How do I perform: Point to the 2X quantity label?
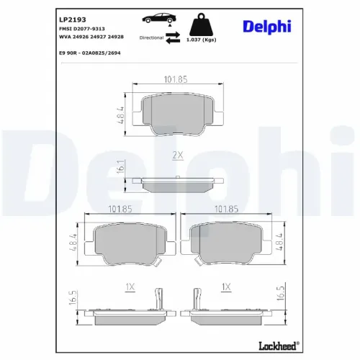tap(177, 155)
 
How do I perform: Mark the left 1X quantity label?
tap(130, 287)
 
